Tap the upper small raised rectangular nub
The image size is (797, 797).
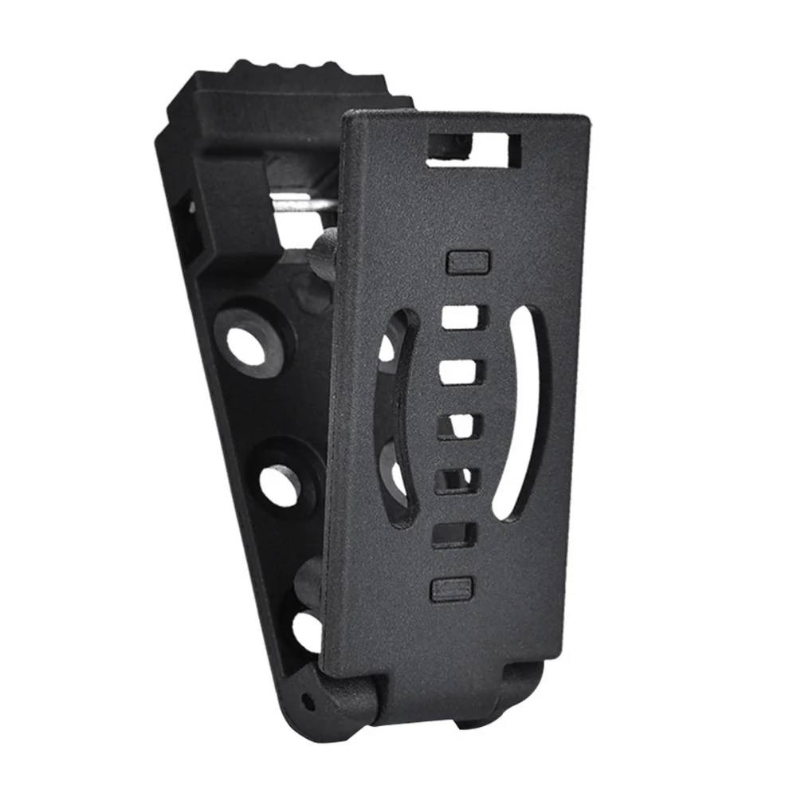[466, 261]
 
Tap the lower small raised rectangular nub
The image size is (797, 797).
[451, 589]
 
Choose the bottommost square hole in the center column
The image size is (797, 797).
[454, 535]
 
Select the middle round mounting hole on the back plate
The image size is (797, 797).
[281, 481]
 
